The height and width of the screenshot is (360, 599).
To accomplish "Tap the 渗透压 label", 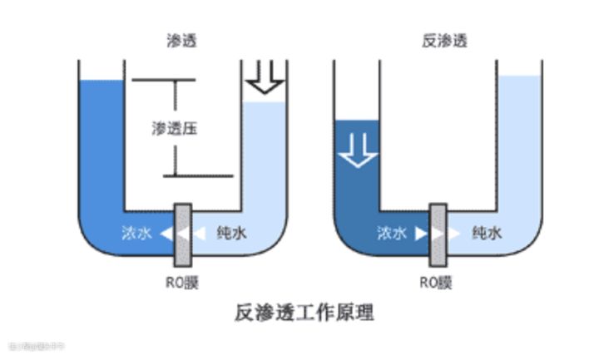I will [x=175, y=129].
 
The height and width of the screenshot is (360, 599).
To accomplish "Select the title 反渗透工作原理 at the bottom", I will [x=304, y=313].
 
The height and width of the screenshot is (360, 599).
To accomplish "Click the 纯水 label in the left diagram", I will [x=231, y=234].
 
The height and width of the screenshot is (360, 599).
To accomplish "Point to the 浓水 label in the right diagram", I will [x=392, y=234].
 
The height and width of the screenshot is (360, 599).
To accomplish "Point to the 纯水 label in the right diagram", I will [x=487, y=234].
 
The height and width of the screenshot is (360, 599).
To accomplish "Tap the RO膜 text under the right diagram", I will [x=437, y=282].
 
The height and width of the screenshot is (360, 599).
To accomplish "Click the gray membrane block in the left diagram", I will [x=183, y=234].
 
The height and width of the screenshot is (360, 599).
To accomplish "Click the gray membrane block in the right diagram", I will [x=438, y=234].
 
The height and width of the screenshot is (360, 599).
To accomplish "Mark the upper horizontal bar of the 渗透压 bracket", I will [x=163, y=81].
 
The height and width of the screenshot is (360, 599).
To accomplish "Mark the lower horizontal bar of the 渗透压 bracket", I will [x=196, y=176].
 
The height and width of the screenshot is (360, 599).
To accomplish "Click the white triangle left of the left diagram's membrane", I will [x=167, y=234].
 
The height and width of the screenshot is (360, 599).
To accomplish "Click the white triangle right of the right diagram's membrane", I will [x=454, y=234].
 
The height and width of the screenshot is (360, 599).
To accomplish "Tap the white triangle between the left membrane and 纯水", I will [x=199, y=234].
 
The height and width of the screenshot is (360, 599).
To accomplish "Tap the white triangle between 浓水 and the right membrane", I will [x=421, y=234].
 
